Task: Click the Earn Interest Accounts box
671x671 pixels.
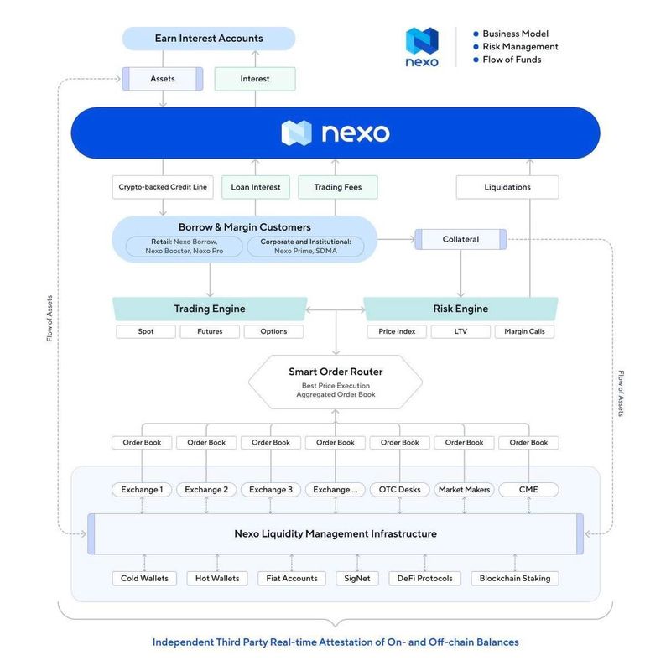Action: tap(209, 39)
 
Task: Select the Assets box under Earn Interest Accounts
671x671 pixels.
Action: tap(163, 79)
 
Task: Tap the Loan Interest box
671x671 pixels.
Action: tap(255, 187)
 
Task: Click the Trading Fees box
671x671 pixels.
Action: tap(338, 187)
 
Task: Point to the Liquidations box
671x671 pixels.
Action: tap(507, 187)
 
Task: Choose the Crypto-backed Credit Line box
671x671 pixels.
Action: tap(163, 187)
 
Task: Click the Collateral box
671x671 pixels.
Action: tap(460, 239)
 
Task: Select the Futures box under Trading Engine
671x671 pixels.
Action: tap(210, 331)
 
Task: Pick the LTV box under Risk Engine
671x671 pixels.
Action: tap(460, 331)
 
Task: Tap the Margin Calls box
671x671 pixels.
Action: tap(524, 331)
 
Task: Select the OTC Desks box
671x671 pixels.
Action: tap(400, 489)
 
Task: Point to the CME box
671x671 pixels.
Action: tap(528, 489)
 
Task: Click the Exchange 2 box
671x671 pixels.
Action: tap(206, 489)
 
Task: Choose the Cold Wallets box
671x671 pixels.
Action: tap(145, 578)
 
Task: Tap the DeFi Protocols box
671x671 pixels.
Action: tap(425, 578)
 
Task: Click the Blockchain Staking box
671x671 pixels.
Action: tap(514, 578)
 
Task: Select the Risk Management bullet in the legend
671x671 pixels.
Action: tap(520, 47)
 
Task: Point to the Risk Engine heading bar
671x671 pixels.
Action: tap(460, 309)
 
